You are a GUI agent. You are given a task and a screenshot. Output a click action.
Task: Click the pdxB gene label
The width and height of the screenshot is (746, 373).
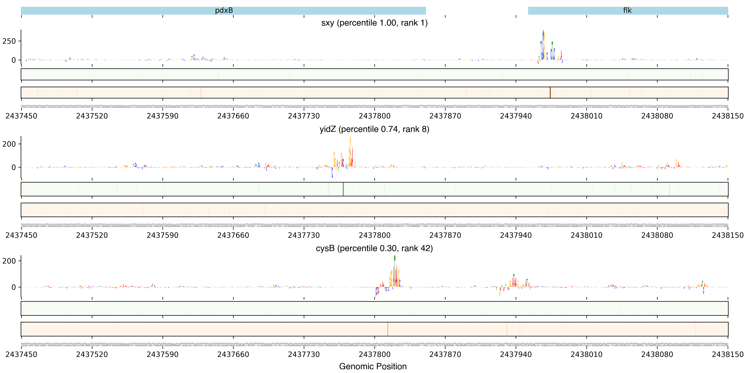pyautogui.click(x=224, y=10)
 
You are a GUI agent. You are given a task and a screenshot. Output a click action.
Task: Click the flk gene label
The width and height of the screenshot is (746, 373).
pyautogui.click(x=627, y=10)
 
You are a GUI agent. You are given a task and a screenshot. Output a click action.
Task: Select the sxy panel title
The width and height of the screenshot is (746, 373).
pyautogui.click(x=374, y=23)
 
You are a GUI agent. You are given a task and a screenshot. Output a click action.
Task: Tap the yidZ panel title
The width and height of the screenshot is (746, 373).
pyautogui.click(x=374, y=129)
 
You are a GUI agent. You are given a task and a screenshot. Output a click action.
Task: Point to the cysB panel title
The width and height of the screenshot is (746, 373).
pyautogui.click(x=374, y=248)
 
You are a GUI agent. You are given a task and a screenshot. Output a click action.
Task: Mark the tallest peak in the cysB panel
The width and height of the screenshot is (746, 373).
pyautogui.click(x=395, y=258)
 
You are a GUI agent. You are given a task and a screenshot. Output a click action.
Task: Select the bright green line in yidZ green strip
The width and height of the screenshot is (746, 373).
pyautogui.click(x=343, y=189)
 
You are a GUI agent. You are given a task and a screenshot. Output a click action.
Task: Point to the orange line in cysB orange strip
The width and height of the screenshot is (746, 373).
pyautogui.click(x=388, y=329)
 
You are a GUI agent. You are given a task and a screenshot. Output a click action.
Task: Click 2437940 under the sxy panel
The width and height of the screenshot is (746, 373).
pyautogui.click(x=516, y=116)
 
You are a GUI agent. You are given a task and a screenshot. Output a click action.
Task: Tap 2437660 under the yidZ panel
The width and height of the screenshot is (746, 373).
pyautogui.click(x=233, y=235)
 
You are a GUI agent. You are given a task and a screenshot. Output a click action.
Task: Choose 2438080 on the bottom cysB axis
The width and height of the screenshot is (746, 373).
pyautogui.click(x=657, y=355)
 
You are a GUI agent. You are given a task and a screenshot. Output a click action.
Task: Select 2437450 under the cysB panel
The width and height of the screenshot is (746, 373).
pyautogui.click(x=21, y=355)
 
